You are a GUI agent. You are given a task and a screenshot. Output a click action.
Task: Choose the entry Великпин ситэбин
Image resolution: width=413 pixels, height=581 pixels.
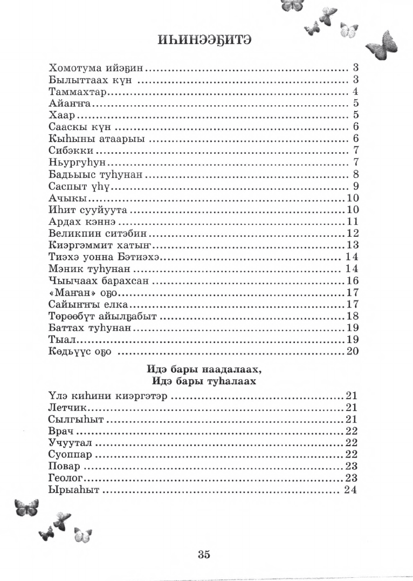pyautogui.click(x=98, y=234)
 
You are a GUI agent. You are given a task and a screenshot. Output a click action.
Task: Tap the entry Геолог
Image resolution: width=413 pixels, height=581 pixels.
pyautogui.click(x=67, y=478)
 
